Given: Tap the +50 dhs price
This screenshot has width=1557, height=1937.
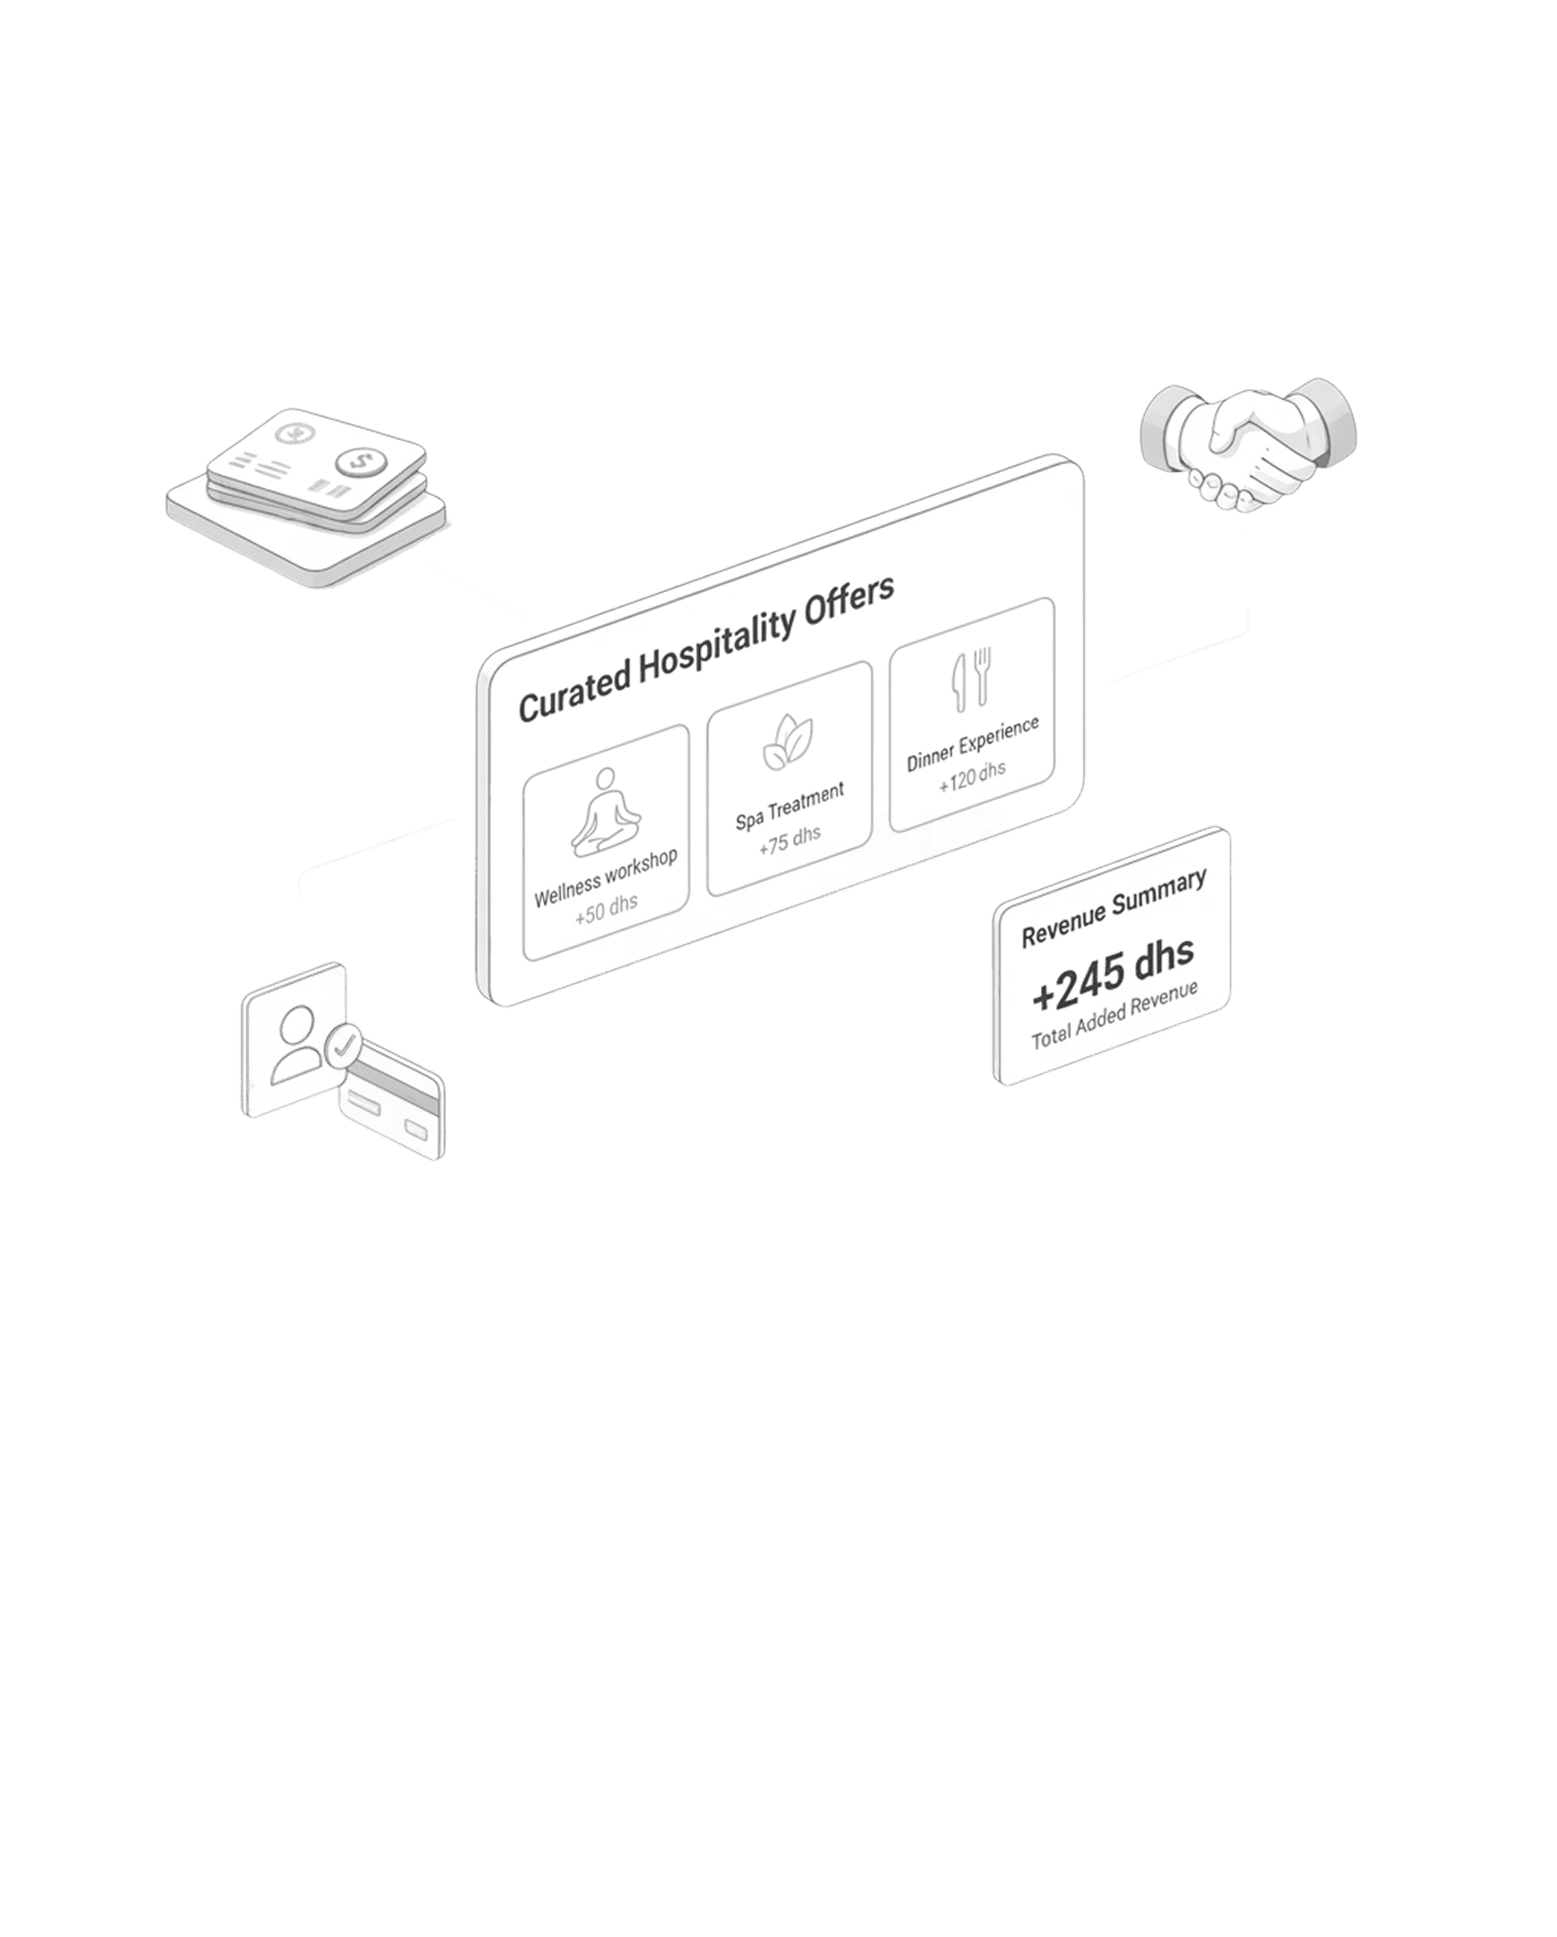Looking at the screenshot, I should coord(607,909).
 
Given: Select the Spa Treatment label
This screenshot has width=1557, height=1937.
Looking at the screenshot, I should coord(790,806).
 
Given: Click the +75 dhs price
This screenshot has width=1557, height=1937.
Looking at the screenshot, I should coord(790,840).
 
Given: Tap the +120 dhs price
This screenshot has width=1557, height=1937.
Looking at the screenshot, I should coord(972,775).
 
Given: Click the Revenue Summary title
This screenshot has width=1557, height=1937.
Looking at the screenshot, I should coord(1113,908).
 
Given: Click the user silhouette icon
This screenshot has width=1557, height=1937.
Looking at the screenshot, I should coord(296,1043).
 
